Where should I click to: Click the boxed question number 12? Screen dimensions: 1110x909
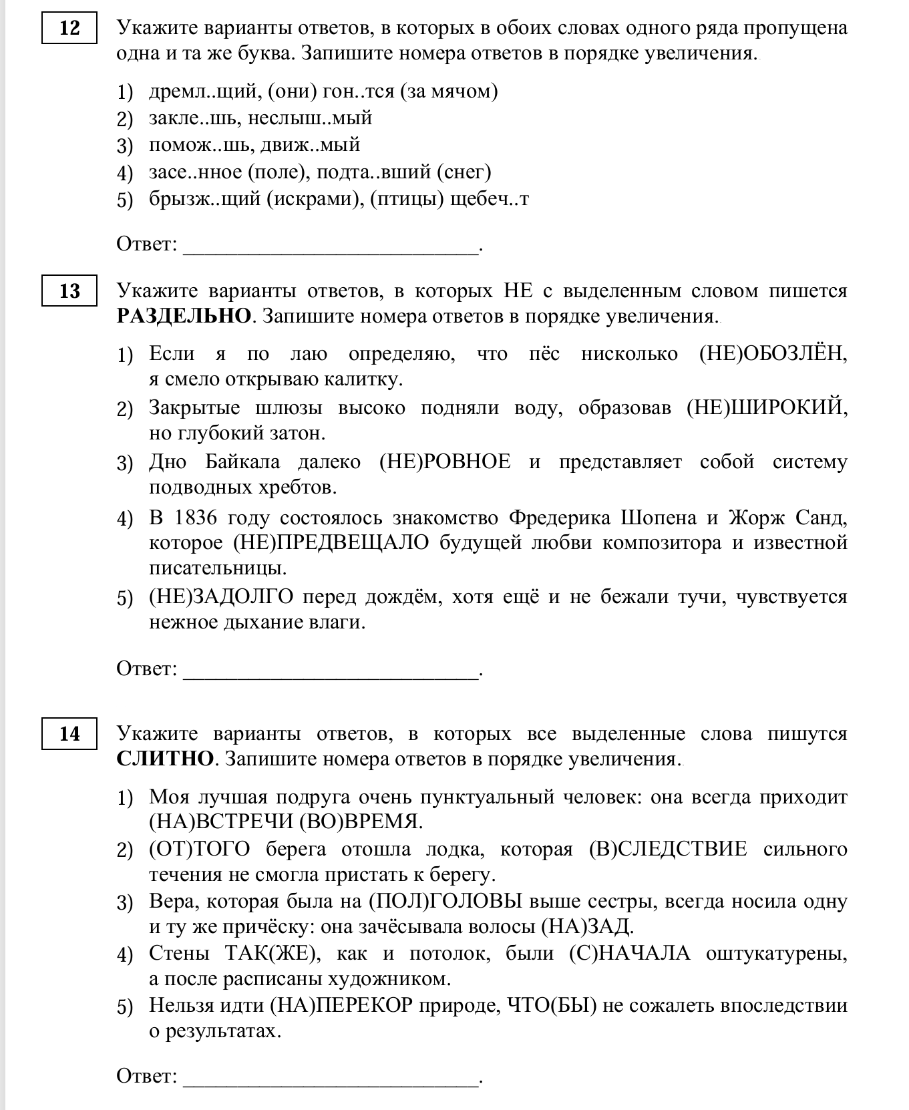point(69,28)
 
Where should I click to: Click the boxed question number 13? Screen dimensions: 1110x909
point(69,291)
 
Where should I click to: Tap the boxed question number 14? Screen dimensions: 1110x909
point(69,734)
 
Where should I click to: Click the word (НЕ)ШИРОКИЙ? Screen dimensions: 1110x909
point(767,407)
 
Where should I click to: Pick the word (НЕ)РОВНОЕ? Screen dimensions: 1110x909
point(445,461)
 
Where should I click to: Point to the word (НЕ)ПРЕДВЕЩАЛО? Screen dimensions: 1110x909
point(331,542)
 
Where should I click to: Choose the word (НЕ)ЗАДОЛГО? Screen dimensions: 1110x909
point(221,596)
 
